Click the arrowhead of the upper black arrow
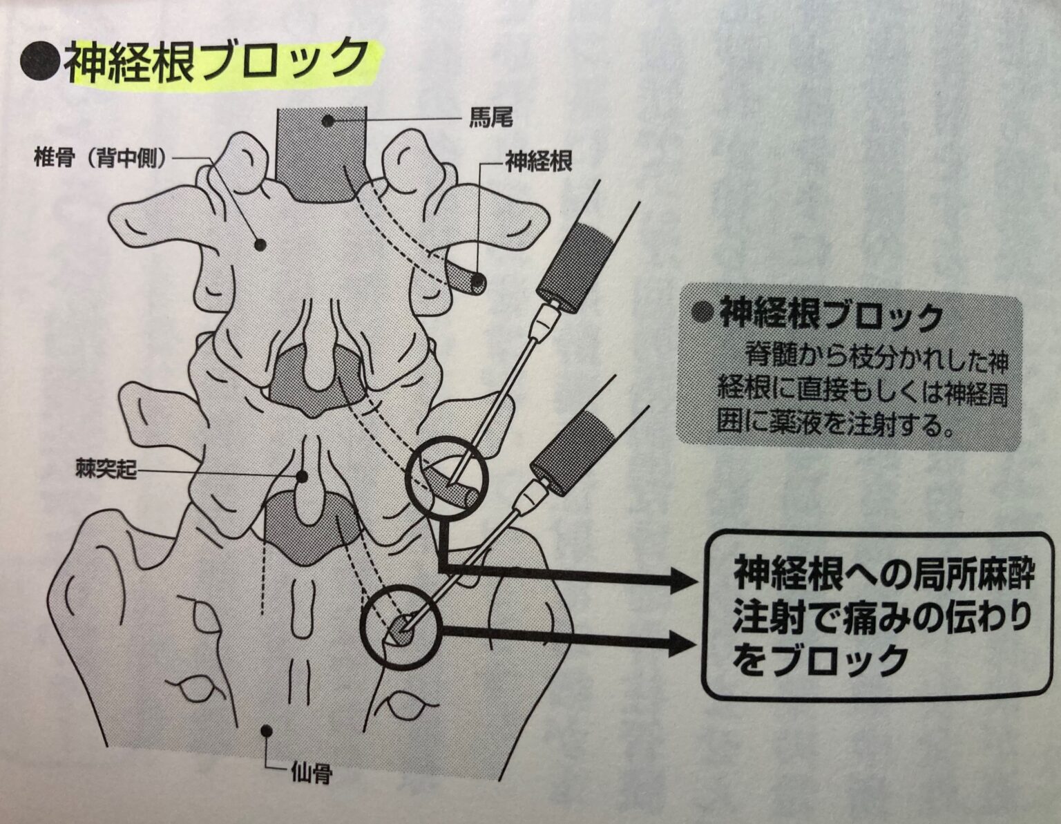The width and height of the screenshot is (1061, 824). [683, 581]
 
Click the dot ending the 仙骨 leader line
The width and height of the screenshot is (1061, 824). [267, 729]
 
